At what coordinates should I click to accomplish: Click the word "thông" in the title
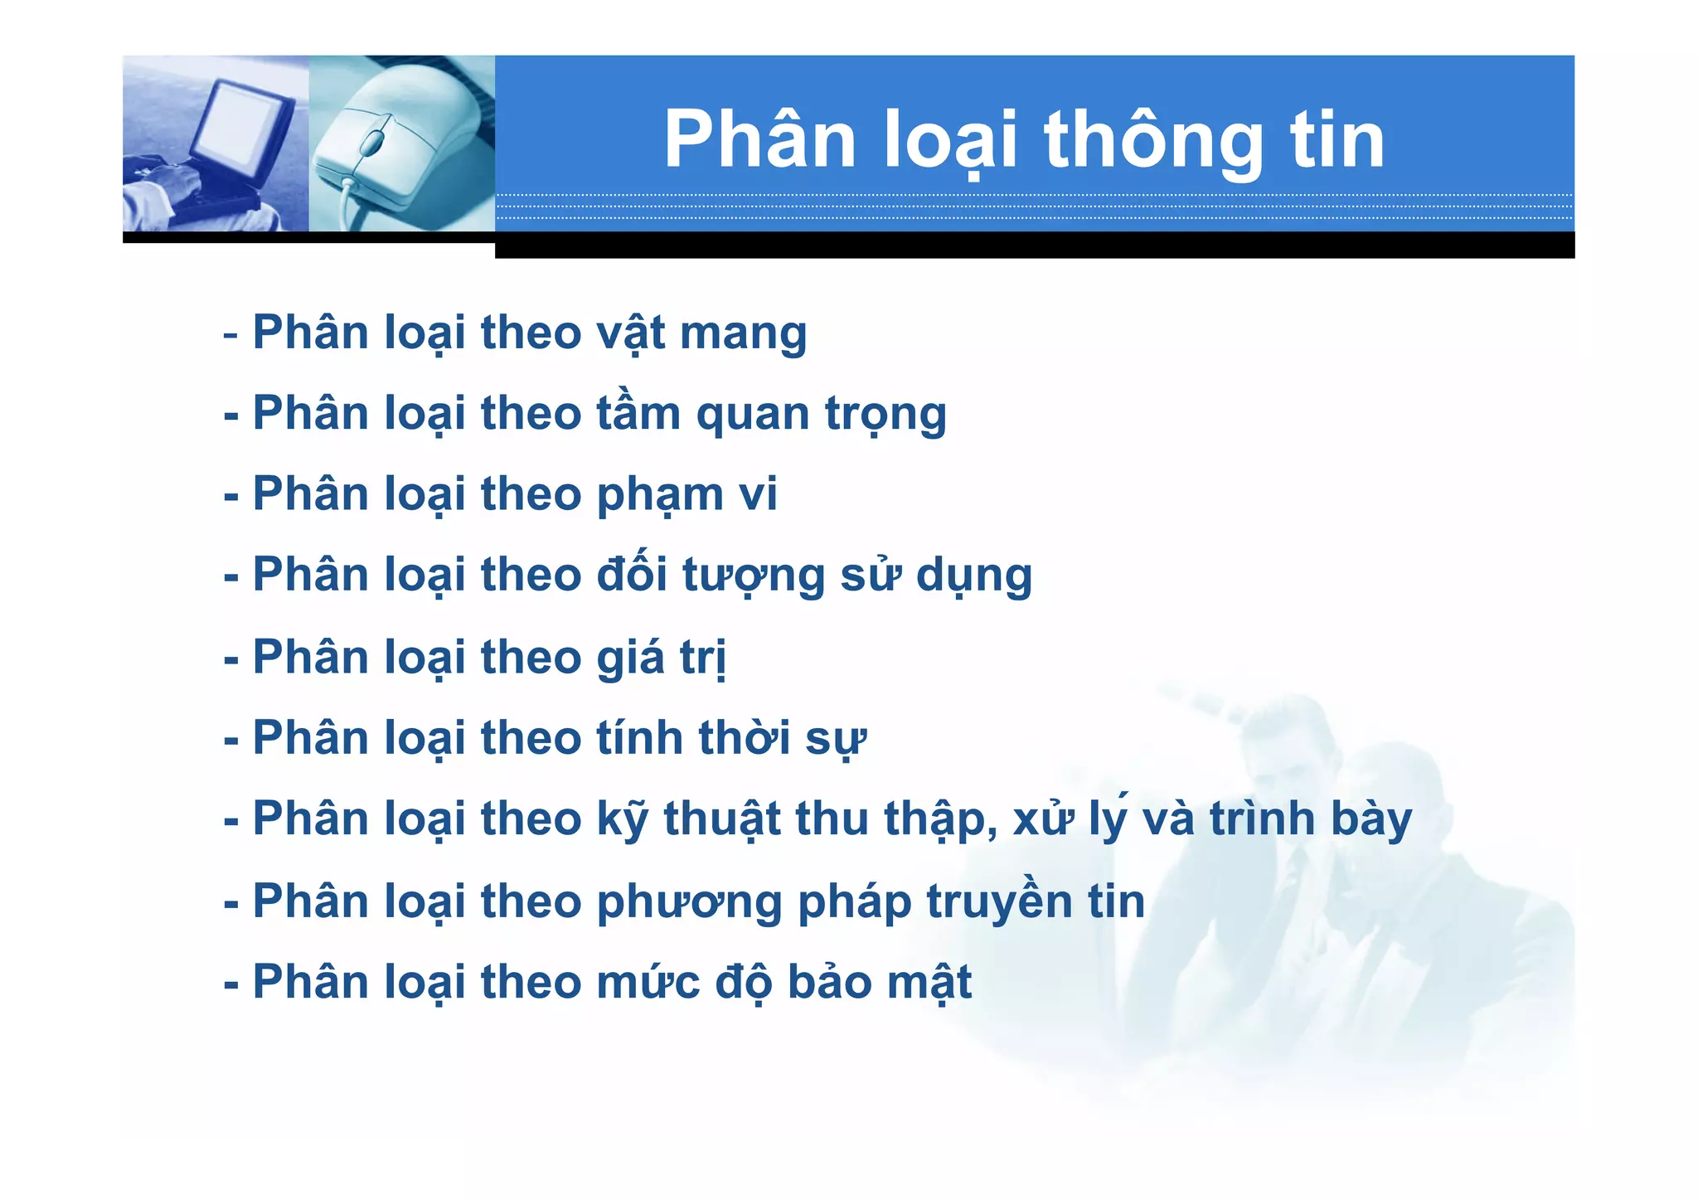click(1153, 141)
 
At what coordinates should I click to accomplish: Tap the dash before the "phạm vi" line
click(231, 497)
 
